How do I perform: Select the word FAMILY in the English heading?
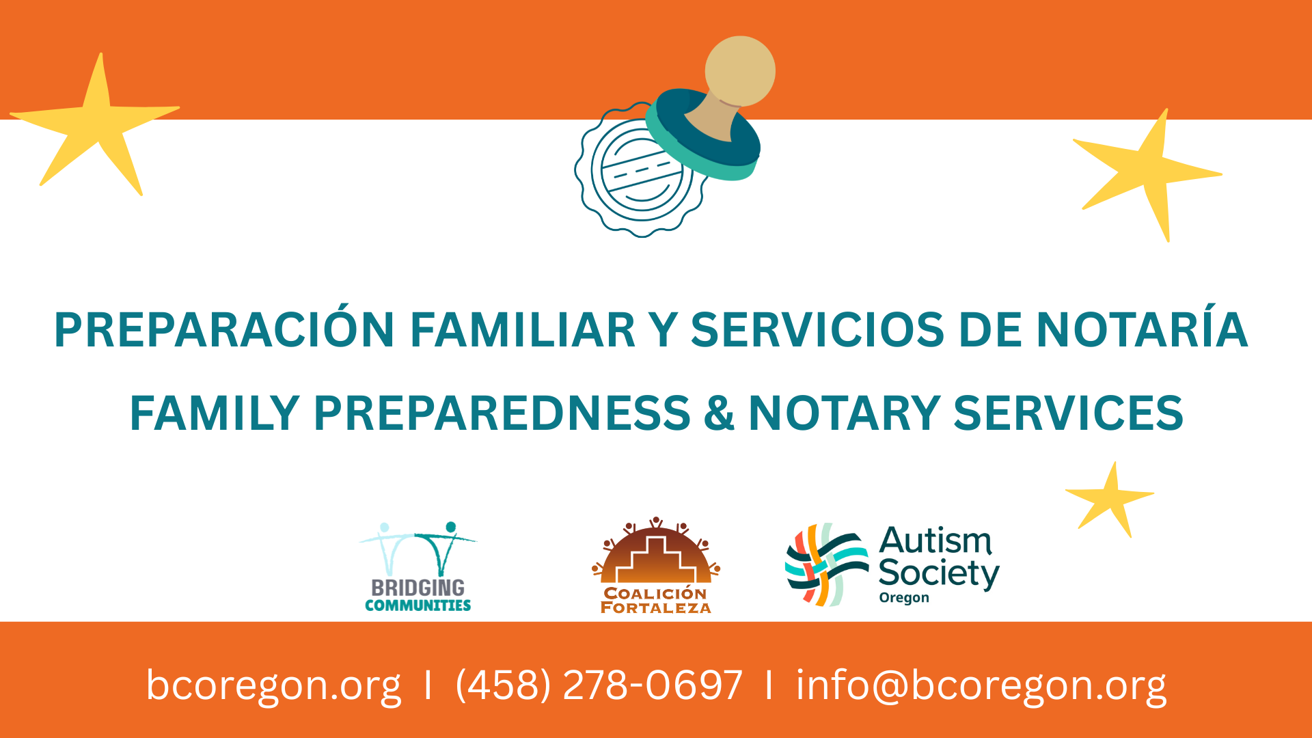pyautogui.click(x=215, y=413)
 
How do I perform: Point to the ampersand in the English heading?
pyautogui.click(x=719, y=413)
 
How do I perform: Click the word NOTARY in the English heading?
pyautogui.click(x=844, y=413)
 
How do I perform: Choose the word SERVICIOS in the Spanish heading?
pyautogui.click(x=818, y=329)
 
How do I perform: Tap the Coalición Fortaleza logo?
pyautogui.click(x=656, y=565)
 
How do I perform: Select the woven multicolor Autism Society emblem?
pyautogui.click(x=827, y=565)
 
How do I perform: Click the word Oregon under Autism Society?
pyautogui.click(x=904, y=598)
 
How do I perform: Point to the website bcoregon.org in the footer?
pyautogui.click(x=273, y=685)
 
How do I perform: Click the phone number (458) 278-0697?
pyautogui.click(x=599, y=685)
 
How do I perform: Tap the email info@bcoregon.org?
pyautogui.click(x=981, y=685)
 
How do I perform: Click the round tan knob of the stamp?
pyautogui.click(x=740, y=71)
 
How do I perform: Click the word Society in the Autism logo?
pyautogui.click(x=939, y=573)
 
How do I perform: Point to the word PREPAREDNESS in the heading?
pyautogui.click(x=502, y=413)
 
